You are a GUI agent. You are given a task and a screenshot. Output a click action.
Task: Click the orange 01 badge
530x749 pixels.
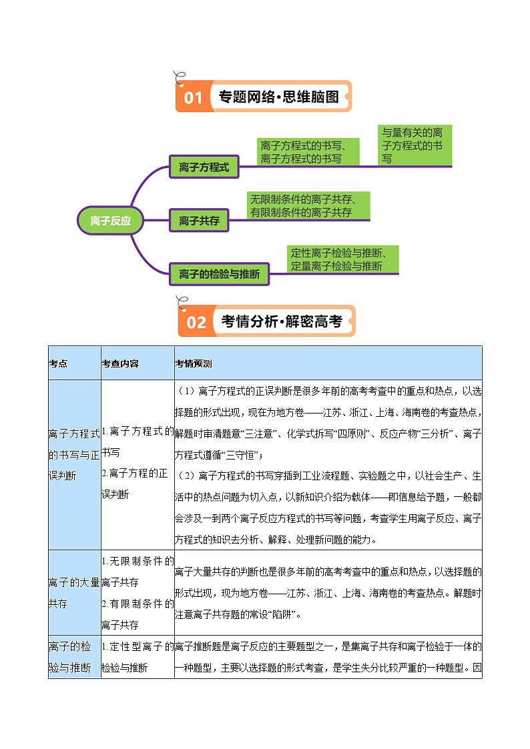pyautogui.click(x=193, y=97)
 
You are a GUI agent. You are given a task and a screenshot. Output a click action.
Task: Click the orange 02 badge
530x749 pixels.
pyautogui.click(x=196, y=322)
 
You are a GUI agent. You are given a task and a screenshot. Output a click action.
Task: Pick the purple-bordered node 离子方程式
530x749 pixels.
pyautogui.click(x=204, y=167)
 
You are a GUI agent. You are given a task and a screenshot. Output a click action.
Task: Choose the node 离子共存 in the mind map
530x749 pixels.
pyautogui.click(x=199, y=220)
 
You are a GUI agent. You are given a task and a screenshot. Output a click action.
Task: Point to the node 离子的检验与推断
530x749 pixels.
pyautogui.click(x=219, y=273)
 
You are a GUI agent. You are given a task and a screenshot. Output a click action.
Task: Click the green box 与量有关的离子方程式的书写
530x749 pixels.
pyautogui.click(x=415, y=145)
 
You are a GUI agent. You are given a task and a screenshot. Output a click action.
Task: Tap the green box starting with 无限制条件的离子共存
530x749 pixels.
pyautogui.click(x=308, y=205)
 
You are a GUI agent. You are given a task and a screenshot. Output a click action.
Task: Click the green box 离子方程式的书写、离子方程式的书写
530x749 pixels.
pyautogui.click(x=308, y=152)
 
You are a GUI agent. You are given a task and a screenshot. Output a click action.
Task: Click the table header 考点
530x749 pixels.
pyautogui.click(x=58, y=363)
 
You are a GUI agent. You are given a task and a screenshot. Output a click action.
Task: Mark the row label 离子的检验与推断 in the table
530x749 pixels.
pyautogui.click(x=74, y=657)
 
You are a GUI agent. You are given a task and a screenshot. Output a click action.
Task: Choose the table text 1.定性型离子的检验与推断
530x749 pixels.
pyautogui.click(x=137, y=657)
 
